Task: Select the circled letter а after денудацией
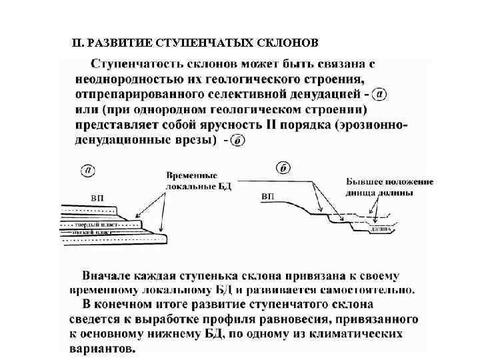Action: click(x=379, y=95)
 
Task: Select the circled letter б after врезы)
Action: click(x=239, y=140)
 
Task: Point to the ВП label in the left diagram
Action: click(x=97, y=197)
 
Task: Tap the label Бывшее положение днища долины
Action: click(x=389, y=187)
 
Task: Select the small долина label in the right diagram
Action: click(x=381, y=229)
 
